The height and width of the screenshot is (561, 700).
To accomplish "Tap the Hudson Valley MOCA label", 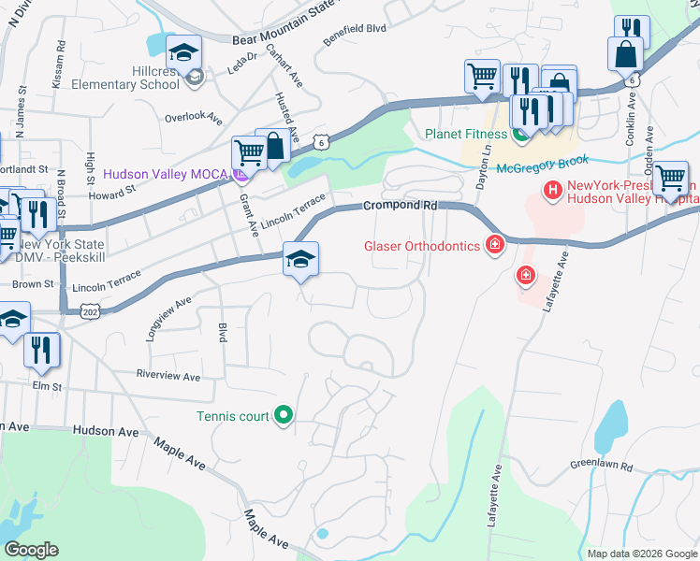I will [167, 174].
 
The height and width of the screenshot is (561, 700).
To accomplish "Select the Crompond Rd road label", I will [401, 205].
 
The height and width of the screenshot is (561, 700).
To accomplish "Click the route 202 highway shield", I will [91, 308].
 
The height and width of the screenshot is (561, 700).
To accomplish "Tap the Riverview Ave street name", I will [168, 377].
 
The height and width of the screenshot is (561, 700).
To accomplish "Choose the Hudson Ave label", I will [106, 431].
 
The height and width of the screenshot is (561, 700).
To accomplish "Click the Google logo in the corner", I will [31, 550].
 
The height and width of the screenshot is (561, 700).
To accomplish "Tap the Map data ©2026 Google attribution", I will [641, 554].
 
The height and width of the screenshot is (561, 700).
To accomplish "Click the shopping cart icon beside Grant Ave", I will [249, 152].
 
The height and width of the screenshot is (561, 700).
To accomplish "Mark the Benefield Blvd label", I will [355, 29].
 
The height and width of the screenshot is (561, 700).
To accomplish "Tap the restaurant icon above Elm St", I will [42, 350].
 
